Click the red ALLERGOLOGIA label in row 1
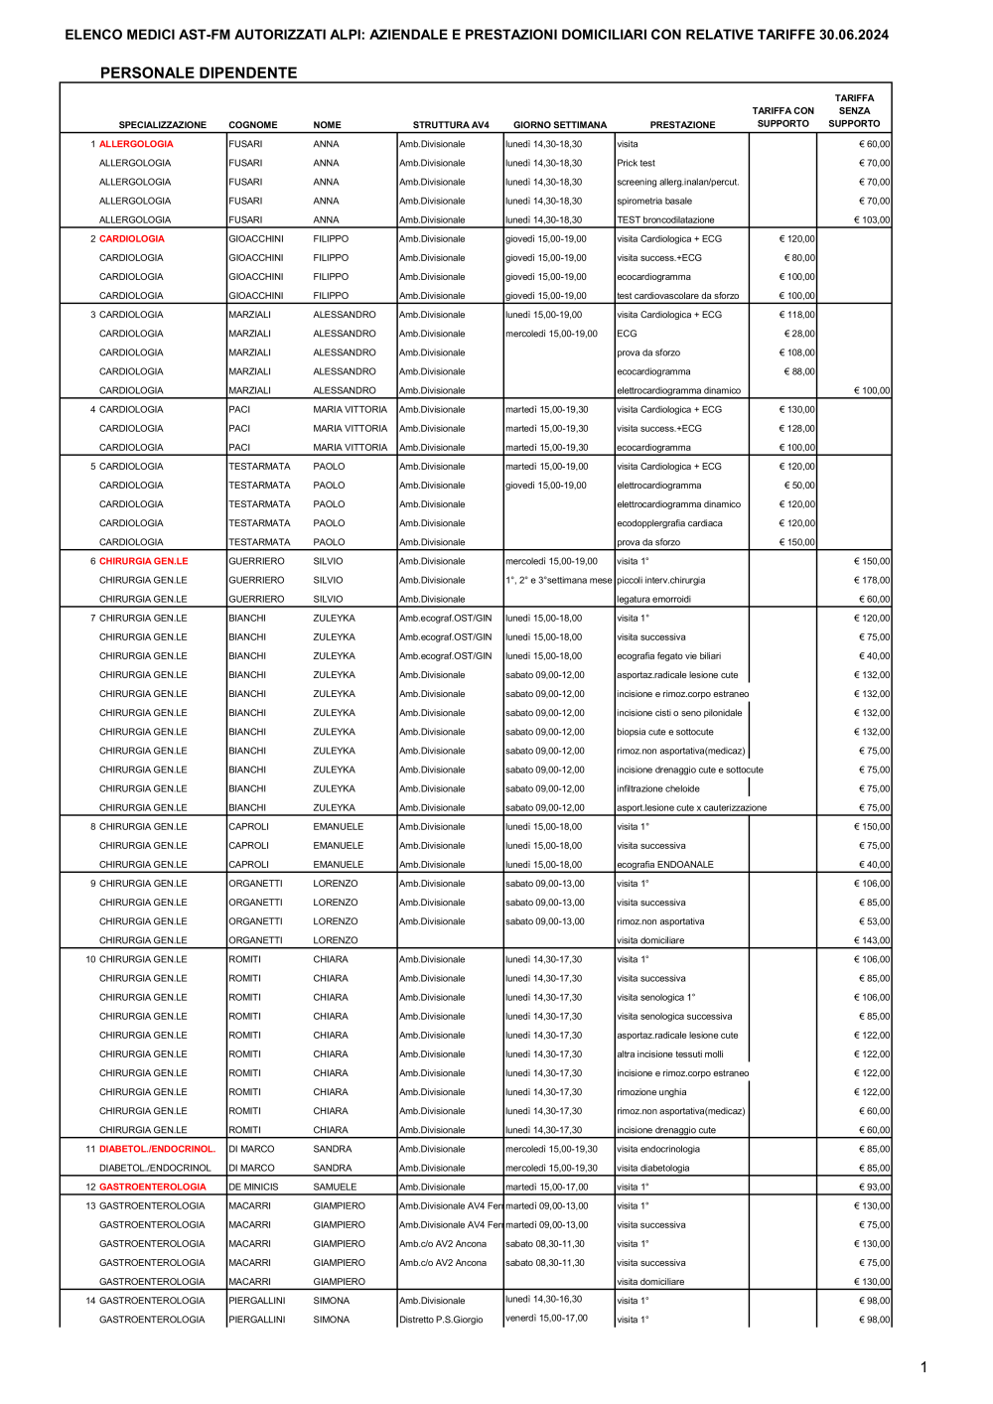[136, 144]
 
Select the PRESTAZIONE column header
[682, 125]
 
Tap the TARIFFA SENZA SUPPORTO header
[854, 111]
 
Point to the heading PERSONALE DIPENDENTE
[199, 72]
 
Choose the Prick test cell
[637, 163]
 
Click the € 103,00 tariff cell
[872, 220]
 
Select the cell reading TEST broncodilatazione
[665, 220]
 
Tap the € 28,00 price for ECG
[799, 334]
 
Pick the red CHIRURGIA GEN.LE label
[143, 561]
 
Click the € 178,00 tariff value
[872, 580]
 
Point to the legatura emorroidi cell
[653, 599]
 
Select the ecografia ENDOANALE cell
[665, 865]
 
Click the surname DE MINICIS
[253, 1187]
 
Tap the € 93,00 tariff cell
[874, 1187]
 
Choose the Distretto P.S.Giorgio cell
[441, 1320]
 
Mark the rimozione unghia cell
[651, 1092]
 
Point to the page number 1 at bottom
[923, 1367]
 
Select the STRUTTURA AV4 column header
[451, 125]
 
